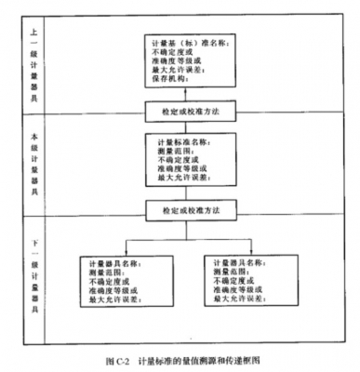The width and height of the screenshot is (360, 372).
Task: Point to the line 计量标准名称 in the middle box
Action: pos(176,141)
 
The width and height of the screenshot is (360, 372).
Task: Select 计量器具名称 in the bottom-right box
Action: pos(239,263)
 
